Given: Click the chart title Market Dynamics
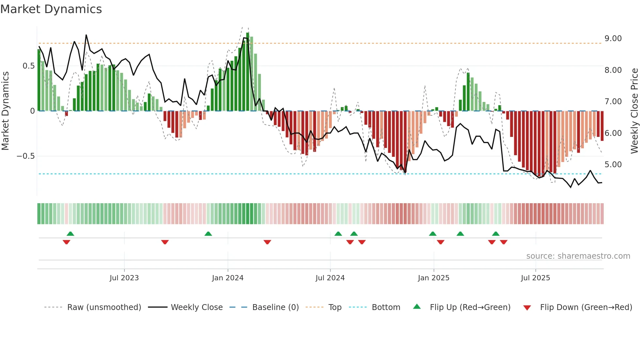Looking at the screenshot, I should (51, 9).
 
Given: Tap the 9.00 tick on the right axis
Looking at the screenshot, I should (613, 39).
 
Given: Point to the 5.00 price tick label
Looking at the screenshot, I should (613, 165).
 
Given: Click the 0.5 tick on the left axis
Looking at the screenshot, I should (28, 66).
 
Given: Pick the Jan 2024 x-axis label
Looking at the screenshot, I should (228, 278).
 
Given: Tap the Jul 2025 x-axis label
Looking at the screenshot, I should (535, 278).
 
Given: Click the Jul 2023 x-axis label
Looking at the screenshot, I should (124, 278).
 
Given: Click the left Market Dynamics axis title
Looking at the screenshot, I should (5, 111).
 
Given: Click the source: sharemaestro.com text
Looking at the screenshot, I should (578, 256).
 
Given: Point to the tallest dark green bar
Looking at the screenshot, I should (248, 72).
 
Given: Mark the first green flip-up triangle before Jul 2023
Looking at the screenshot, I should (70, 234).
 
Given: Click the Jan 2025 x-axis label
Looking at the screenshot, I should (433, 278).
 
